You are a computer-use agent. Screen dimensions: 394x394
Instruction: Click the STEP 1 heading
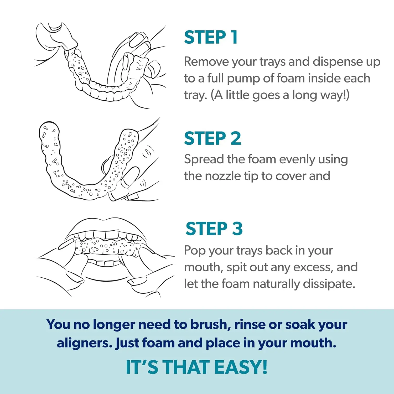point(211,37)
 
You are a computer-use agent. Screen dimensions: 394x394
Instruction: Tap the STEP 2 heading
point(212,138)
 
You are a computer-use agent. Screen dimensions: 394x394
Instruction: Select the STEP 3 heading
point(214,228)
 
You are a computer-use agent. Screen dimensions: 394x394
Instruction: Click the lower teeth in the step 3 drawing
point(105,263)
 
